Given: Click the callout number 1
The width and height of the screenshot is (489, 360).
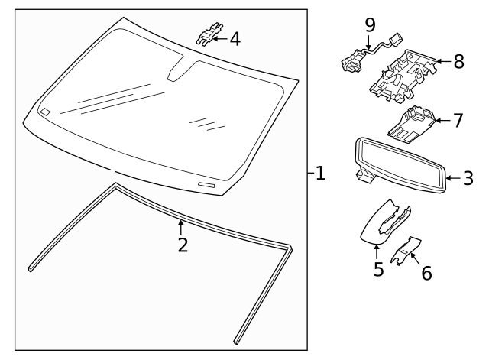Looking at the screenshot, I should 320,174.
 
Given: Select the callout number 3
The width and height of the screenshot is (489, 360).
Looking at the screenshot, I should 468,179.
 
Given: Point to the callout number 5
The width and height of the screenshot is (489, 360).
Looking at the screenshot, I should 378,269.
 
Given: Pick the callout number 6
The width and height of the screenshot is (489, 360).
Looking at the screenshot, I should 426,272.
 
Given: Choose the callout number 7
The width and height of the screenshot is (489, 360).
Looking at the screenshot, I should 458,120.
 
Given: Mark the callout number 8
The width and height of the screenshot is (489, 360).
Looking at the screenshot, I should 458,62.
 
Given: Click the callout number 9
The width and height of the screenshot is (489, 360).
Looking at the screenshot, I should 370,25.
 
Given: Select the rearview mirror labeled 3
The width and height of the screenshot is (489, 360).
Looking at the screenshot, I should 401,167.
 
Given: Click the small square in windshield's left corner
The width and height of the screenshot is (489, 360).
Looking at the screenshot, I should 45,112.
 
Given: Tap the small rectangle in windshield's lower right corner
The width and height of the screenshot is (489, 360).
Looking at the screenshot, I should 207,186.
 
